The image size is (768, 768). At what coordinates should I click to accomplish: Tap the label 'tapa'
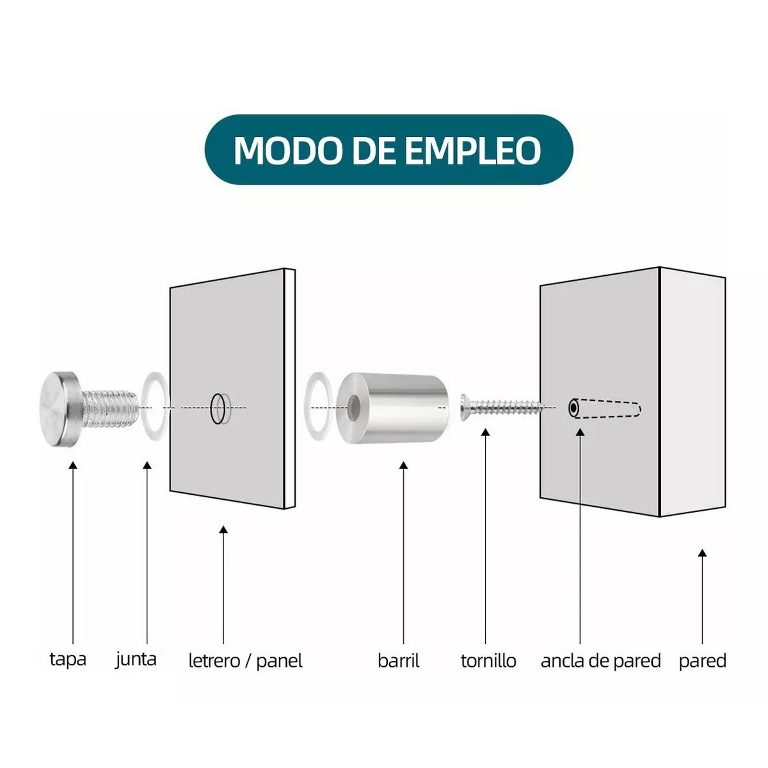68,659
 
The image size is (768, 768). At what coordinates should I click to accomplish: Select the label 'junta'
136,659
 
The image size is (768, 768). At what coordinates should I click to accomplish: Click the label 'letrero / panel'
245,660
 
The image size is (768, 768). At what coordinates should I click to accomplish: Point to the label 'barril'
398,660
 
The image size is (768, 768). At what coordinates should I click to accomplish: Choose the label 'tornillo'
488,660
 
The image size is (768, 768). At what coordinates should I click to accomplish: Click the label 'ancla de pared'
600,660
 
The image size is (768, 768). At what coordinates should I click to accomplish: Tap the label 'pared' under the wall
702,660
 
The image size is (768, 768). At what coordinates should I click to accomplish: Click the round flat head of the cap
58,410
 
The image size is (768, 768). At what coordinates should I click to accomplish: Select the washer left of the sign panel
154,408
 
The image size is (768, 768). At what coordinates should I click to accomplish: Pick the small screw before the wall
499,406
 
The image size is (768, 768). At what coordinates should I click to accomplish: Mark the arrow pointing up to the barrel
403,550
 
